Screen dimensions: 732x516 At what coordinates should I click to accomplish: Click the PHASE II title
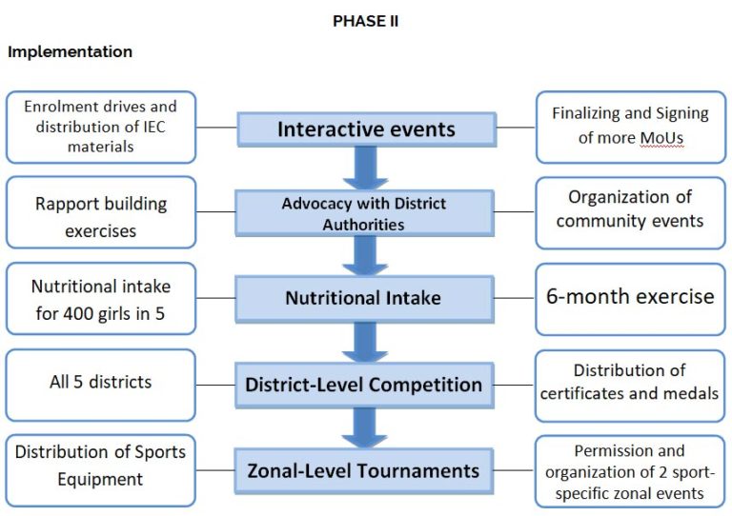[x=366, y=21]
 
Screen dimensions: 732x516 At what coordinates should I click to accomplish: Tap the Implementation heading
[x=70, y=51]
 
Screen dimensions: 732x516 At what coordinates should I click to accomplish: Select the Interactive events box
[x=366, y=129]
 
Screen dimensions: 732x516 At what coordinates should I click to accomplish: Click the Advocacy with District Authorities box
[x=364, y=213]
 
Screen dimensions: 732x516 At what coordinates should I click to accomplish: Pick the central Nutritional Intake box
[x=364, y=298]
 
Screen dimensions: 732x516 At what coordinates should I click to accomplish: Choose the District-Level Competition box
[x=364, y=385]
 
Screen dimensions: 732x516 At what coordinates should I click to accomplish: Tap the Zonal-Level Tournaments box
[x=364, y=471]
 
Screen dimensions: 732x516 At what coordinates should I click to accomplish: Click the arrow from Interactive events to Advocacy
[x=366, y=169]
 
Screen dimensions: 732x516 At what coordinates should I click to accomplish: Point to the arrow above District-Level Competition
[x=365, y=342]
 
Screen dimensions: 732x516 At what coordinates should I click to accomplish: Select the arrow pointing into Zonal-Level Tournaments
[x=365, y=427]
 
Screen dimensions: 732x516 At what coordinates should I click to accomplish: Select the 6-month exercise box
[x=630, y=299]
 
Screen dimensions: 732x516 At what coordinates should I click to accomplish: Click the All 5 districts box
[x=100, y=385]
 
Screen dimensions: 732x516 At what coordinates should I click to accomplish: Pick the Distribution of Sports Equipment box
[x=100, y=470]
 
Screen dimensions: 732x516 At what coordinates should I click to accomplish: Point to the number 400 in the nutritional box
[x=78, y=314]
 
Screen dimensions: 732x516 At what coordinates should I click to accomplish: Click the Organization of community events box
[x=630, y=212]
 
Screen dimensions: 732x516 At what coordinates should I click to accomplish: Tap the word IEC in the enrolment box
[x=154, y=127]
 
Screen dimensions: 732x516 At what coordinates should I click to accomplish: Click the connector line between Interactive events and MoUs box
[x=516, y=128]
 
